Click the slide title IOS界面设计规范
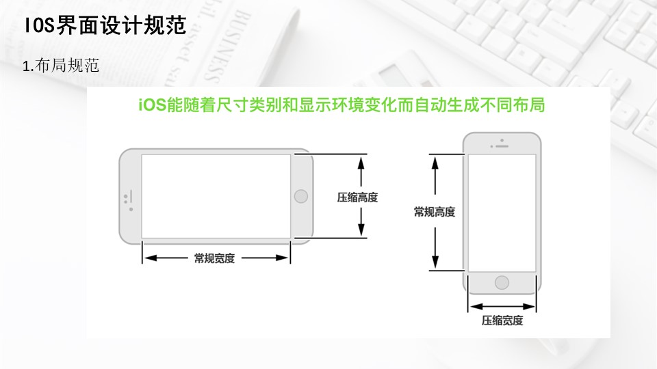105,27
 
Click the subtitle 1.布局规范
62,66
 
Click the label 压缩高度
357,197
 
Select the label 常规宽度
214,258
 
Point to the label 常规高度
434,212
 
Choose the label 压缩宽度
502,320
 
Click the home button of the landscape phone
300,197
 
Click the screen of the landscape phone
216,196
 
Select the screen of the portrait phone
502,213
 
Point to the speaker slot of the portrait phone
502,146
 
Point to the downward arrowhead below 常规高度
434,264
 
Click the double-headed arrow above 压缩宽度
502,306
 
